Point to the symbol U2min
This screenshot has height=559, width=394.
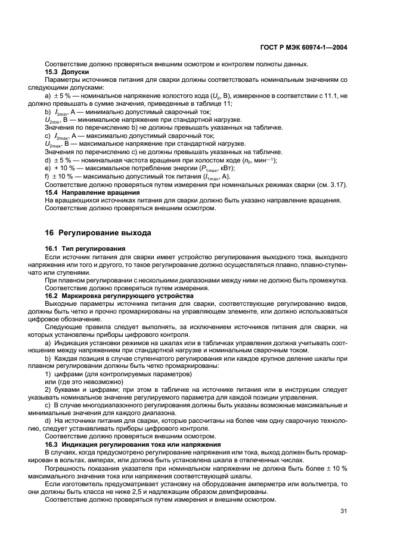[x=54, y=120]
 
